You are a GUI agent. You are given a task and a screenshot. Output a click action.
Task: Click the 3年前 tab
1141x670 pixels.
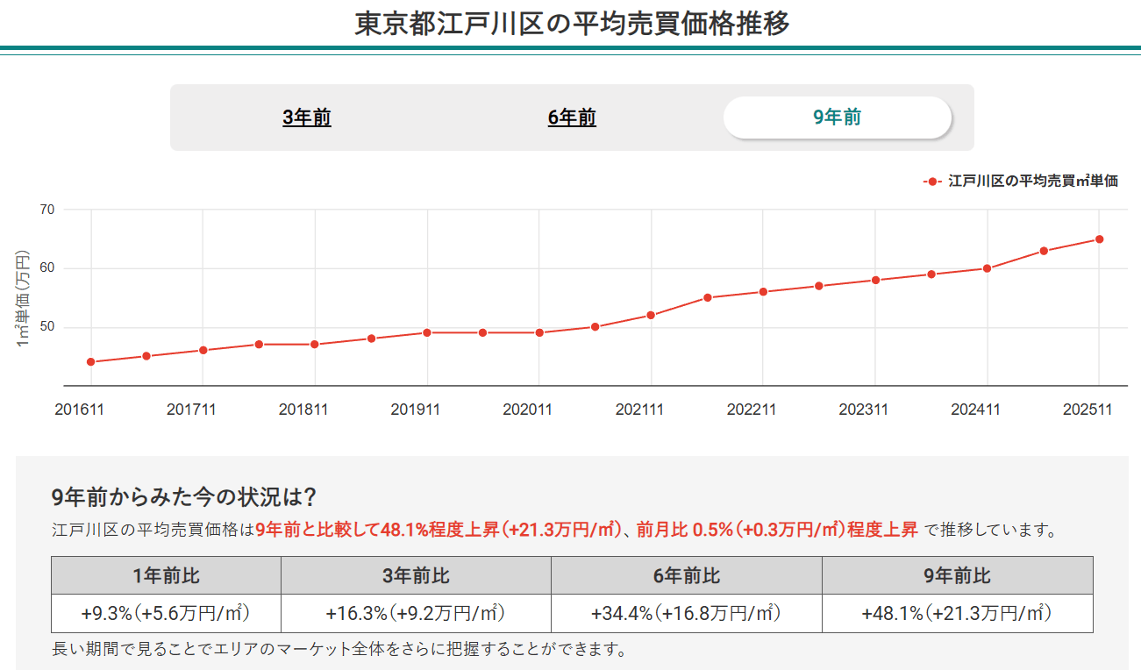pyautogui.click(x=307, y=118)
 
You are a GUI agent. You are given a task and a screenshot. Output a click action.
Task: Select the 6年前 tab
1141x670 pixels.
pyautogui.click(x=572, y=118)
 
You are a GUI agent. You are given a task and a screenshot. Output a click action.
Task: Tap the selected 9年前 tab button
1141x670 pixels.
pyautogui.click(x=837, y=118)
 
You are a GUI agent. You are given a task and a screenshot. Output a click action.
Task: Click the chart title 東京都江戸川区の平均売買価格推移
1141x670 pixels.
pyautogui.click(x=572, y=24)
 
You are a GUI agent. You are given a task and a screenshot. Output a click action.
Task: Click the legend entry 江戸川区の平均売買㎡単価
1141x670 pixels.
pyautogui.click(x=1032, y=182)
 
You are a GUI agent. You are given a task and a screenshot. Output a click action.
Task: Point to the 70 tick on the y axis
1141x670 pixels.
pyautogui.click(x=46, y=210)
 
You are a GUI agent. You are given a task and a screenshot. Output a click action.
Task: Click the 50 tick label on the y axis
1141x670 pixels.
pyautogui.click(x=46, y=327)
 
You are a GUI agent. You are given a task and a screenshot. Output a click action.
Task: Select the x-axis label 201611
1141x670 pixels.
pyautogui.click(x=79, y=410)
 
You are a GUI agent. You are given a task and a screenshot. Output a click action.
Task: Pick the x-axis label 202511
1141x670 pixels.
pyautogui.click(x=1088, y=410)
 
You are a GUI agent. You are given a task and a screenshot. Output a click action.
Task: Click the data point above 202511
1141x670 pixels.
pyautogui.click(x=1099, y=239)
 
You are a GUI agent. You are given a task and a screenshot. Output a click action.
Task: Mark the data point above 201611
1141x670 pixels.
pyautogui.click(x=90, y=362)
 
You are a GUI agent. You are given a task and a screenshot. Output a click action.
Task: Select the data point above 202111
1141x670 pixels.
pyautogui.click(x=651, y=315)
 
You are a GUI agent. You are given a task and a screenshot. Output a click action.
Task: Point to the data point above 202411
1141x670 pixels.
pyautogui.click(x=987, y=268)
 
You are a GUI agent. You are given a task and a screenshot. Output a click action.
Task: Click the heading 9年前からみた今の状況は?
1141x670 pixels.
pyautogui.click(x=184, y=498)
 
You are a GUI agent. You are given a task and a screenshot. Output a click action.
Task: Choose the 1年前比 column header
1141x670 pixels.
pyautogui.click(x=166, y=575)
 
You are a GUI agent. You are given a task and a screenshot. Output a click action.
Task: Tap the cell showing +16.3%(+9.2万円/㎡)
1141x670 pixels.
pyautogui.click(x=416, y=613)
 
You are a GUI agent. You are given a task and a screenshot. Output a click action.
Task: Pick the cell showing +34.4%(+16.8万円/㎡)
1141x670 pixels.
pyautogui.click(x=686, y=613)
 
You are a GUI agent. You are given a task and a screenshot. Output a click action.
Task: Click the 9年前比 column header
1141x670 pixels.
pyautogui.click(x=957, y=575)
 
